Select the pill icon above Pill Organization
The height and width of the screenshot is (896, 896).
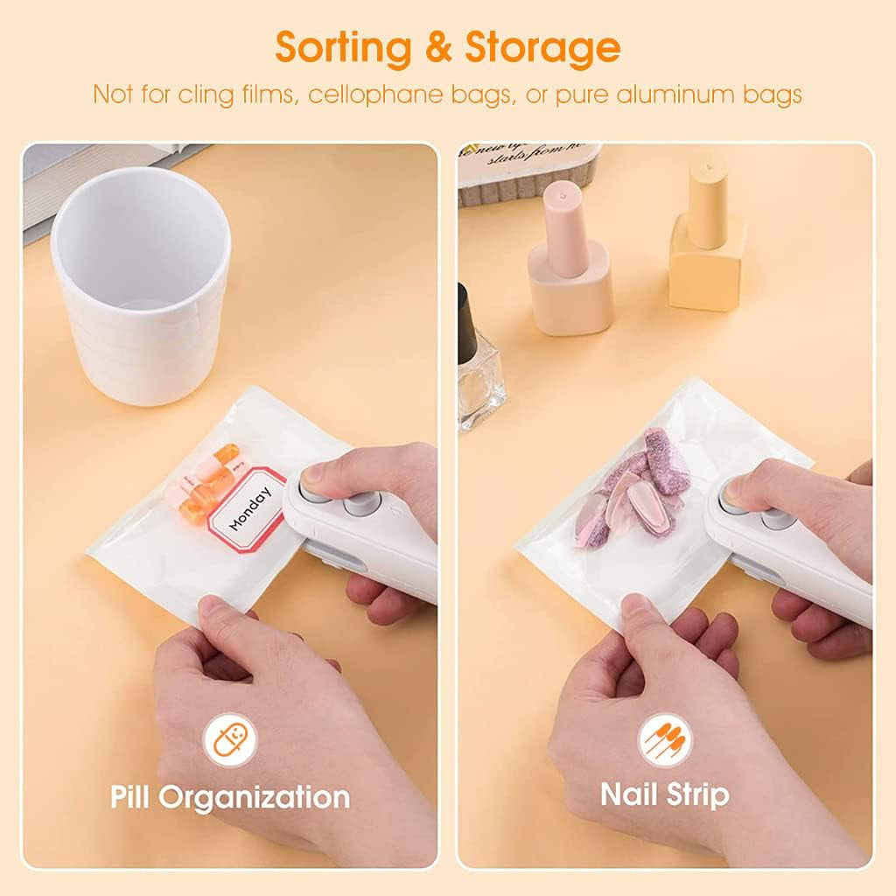pyautogui.click(x=230, y=740)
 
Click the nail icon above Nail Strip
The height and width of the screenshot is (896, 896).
pyautogui.click(x=665, y=740)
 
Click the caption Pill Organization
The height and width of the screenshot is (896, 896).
pyautogui.click(x=230, y=797)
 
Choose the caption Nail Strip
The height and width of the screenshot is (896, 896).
pyautogui.click(x=665, y=794)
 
